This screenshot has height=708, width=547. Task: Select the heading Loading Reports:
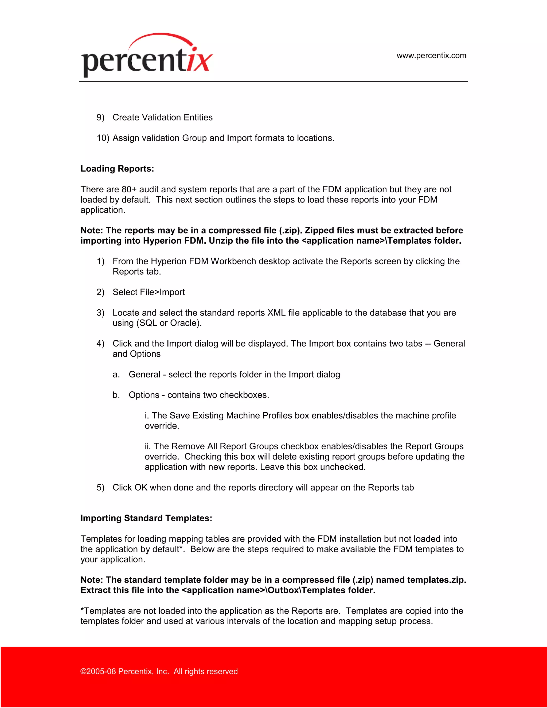(117, 169)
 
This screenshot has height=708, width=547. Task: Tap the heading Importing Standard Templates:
(146, 518)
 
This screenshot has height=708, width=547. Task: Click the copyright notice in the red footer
(159, 671)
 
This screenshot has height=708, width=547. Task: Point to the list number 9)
(100, 117)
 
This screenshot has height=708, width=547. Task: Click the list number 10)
(103, 138)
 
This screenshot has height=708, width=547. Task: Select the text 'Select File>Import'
(149, 292)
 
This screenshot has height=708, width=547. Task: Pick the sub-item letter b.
(116, 395)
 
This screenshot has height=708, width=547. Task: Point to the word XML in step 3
(276, 313)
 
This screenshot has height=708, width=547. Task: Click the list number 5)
(100, 488)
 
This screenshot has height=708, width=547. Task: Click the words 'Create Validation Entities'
(162, 117)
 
